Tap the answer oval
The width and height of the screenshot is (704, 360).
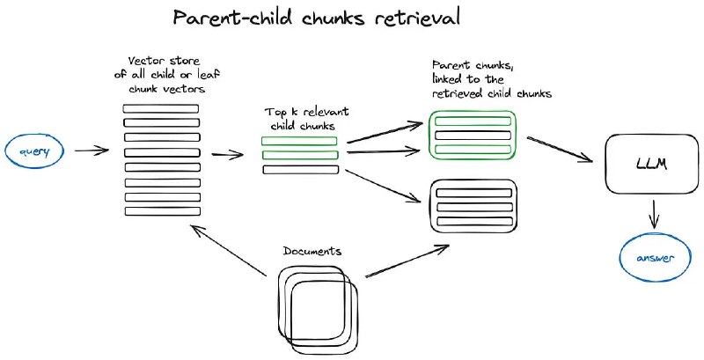[652, 259]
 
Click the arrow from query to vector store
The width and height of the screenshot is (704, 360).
[92, 151]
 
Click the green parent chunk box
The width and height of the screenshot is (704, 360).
[463, 135]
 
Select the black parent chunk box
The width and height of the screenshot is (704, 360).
[463, 205]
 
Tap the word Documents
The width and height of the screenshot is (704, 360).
[312, 251]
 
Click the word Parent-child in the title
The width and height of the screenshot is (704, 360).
[230, 18]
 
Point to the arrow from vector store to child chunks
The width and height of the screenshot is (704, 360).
[227, 156]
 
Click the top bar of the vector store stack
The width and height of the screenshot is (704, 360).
[161, 107]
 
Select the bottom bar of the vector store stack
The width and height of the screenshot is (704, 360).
[161, 211]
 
